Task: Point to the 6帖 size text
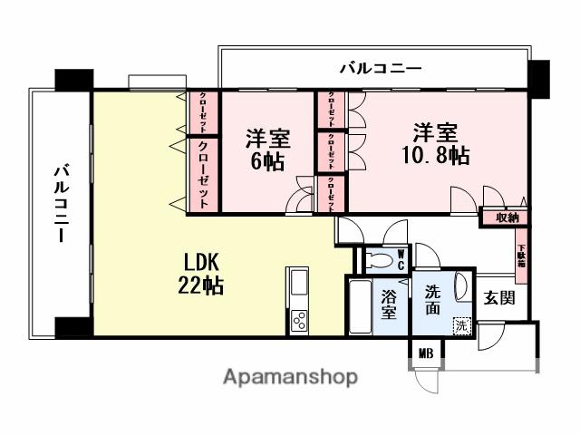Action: pos(268,162)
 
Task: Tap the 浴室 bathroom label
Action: pos(389,304)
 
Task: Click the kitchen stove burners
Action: pos(298,320)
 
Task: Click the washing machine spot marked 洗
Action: pos(462,325)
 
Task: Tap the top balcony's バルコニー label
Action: pos(381,67)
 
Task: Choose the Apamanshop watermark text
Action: pos(290,376)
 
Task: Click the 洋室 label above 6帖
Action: pos(268,140)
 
